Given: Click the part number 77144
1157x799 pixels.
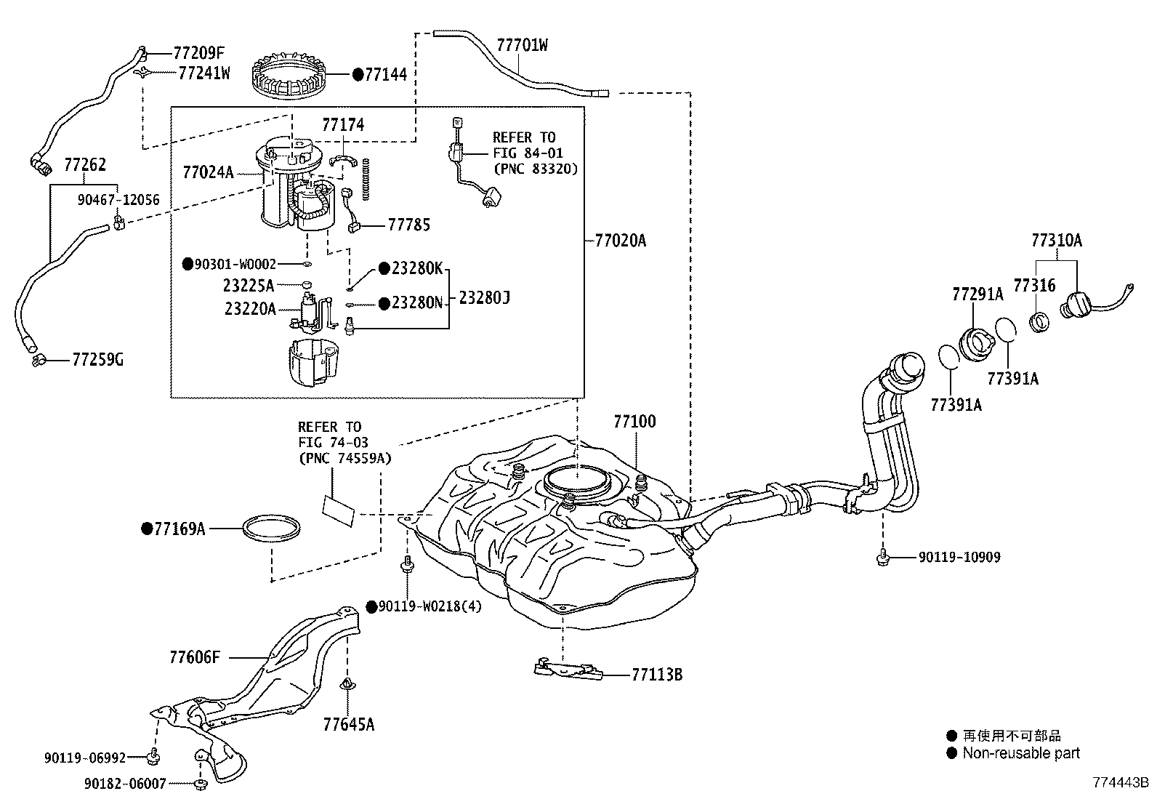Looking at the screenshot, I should pos(385,74).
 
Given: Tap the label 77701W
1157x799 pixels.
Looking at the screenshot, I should pos(522,45).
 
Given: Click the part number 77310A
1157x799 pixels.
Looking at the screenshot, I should pos(1056,241).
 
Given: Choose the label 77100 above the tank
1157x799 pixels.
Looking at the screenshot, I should pos(634,422).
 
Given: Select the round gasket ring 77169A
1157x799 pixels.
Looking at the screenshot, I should pos(271,529).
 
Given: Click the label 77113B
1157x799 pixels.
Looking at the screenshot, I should pos(656,675).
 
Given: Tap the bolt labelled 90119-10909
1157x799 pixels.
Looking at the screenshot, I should pos(882,557).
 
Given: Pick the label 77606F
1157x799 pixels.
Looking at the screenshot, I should pos(194,657).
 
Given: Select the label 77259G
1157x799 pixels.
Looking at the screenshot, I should pos(97,359).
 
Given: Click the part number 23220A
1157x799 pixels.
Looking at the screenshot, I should pos(250,309).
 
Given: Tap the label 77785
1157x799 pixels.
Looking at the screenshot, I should pos(408,225).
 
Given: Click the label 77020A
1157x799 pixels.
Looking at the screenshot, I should pos(619,241).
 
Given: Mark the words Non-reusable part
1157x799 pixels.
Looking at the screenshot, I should pos(1021,754).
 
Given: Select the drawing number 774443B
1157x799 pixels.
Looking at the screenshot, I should pos(1121,783).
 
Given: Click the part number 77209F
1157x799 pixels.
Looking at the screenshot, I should pos(199,52).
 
